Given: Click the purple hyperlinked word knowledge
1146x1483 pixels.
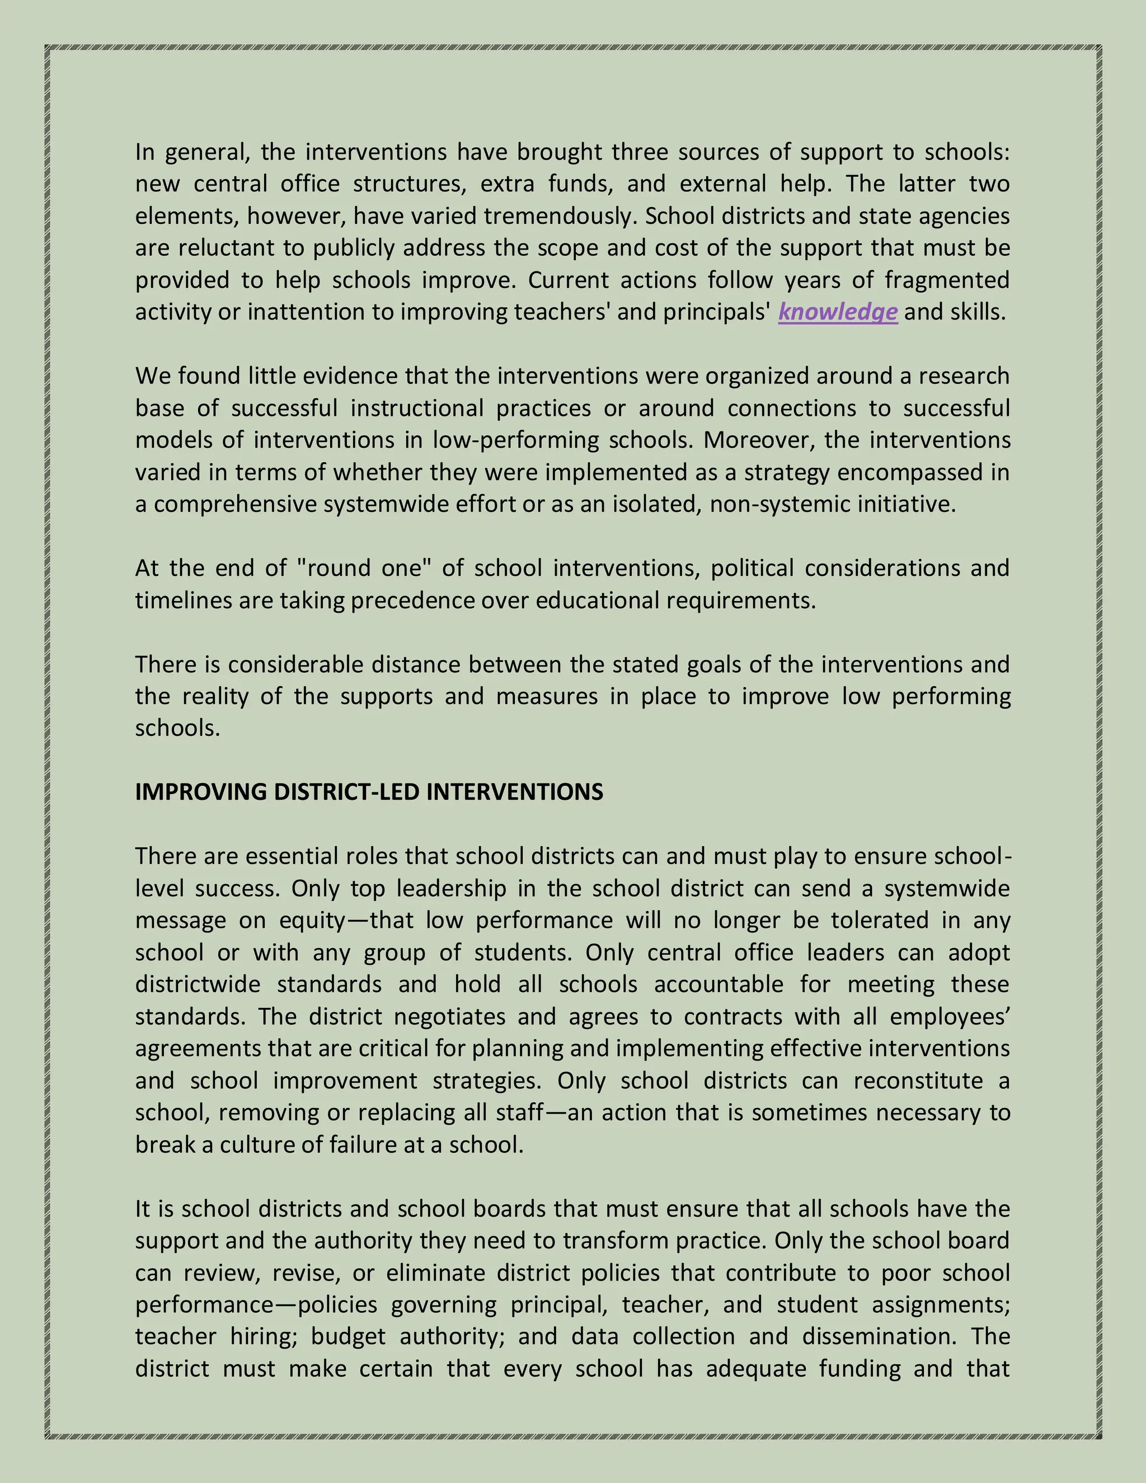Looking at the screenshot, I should [x=837, y=312].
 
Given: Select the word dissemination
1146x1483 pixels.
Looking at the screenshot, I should [x=879, y=1336].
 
